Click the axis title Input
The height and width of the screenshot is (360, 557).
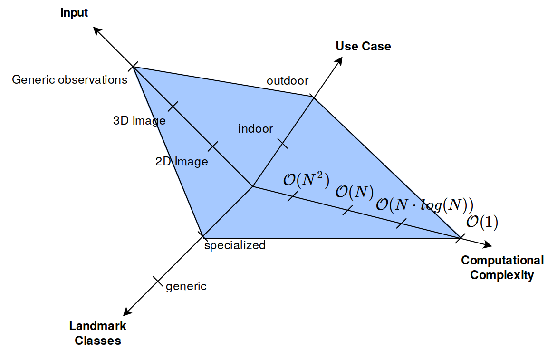click(x=74, y=13)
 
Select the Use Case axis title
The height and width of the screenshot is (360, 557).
click(x=363, y=46)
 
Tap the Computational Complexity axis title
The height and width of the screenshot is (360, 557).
click(x=502, y=268)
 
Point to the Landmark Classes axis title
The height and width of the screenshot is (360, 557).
click(x=98, y=333)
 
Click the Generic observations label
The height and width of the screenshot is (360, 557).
click(x=70, y=79)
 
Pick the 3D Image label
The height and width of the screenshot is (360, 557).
click(x=139, y=121)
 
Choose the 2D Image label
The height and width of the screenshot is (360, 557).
click(x=182, y=162)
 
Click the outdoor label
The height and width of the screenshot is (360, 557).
click(x=288, y=81)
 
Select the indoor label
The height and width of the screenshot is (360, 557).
click(x=256, y=129)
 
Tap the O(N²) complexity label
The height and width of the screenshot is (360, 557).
click(x=307, y=180)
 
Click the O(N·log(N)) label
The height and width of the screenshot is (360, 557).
click(x=424, y=204)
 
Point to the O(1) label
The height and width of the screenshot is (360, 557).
click(x=482, y=223)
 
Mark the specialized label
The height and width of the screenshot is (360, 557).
click(x=235, y=245)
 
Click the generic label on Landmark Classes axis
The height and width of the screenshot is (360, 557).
click(x=186, y=286)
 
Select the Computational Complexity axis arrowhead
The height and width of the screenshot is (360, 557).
click(x=488, y=245)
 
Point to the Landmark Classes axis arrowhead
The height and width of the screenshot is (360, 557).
click(x=126, y=313)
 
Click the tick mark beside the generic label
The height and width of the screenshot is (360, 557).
click(x=158, y=281)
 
